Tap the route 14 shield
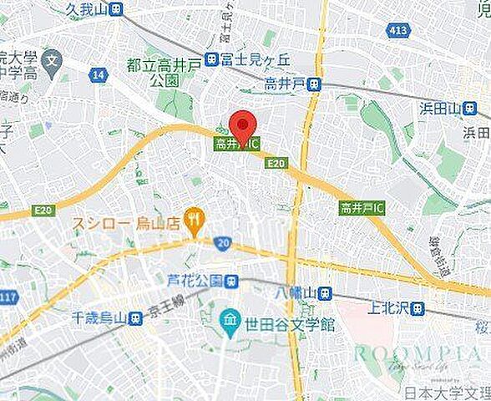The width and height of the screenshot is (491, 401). click(x=99, y=76)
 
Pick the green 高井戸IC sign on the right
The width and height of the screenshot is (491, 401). click(x=362, y=207)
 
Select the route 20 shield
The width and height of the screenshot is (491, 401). click(x=222, y=242)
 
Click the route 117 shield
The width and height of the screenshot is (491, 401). click(x=9, y=299)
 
